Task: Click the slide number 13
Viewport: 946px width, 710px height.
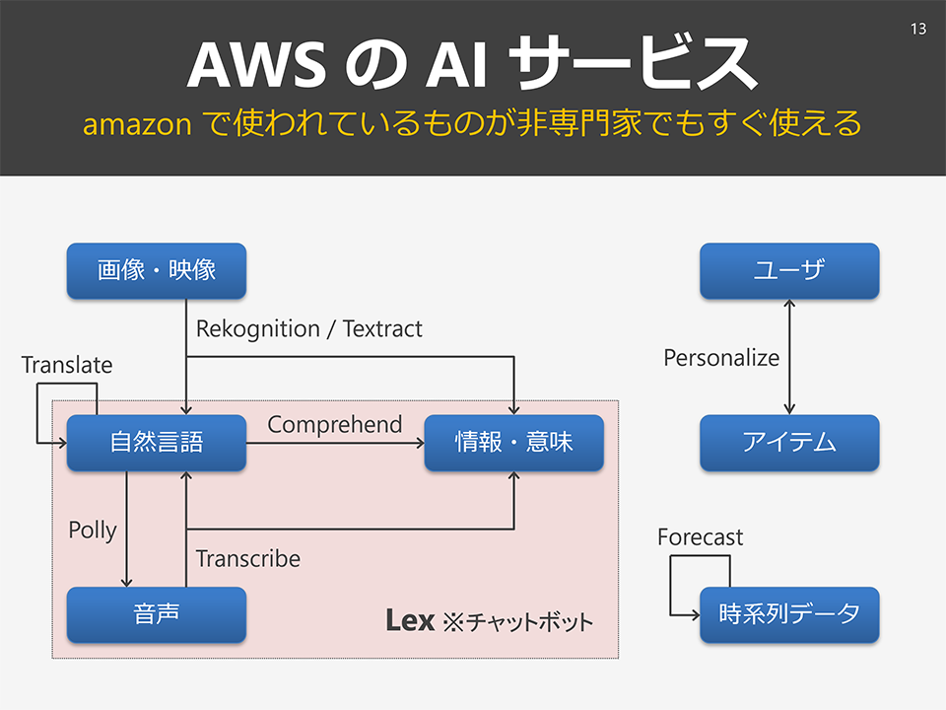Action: [x=918, y=29]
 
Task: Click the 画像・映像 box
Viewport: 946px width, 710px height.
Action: [x=157, y=270]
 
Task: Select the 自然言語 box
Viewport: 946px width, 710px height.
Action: [x=157, y=443]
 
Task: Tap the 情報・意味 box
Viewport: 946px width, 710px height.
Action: [x=514, y=443]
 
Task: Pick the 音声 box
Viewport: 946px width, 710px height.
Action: [x=157, y=614]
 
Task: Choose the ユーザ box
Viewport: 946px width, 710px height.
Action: [x=789, y=270]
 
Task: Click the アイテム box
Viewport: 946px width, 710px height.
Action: [x=789, y=443]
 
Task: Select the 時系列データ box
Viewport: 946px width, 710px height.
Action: [x=789, y=614]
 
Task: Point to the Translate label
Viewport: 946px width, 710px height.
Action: [x=67, y=365]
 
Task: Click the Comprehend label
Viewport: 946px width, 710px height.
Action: [x=335, y=424]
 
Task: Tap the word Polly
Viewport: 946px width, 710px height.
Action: [x=93, y=531]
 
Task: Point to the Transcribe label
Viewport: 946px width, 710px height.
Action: [x=248, y=558]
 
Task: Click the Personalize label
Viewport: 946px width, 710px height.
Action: [x=721, y=357]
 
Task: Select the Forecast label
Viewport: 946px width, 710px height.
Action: [x=701, y=536]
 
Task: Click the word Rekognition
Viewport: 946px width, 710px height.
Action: [x=258, y=329]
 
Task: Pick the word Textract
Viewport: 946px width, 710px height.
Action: [x=382, y=329]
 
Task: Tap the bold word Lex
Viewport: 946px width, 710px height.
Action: [x=410, y=620]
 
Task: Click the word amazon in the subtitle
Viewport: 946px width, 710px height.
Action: [x=137, y=125]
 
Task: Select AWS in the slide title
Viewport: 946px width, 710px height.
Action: [x=257, y=64]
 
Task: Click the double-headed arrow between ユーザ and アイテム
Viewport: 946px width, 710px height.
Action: [x=789, y=357]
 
